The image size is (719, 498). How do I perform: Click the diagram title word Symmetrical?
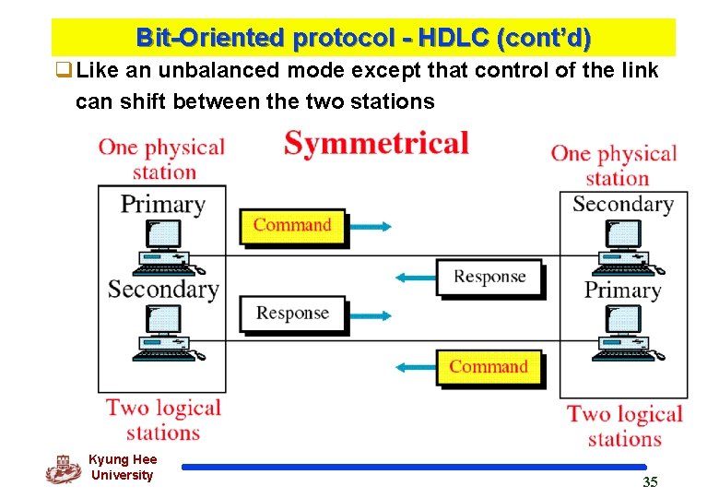(376, 144)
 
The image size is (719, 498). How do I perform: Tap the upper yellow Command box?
(292, 226)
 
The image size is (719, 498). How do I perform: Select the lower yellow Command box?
(489, 367)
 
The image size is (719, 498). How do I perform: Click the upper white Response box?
(489, 277)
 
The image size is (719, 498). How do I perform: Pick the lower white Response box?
(292, 314)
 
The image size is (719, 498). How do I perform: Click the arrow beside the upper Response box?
(413, 277)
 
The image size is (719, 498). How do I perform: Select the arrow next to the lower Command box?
(413, 367)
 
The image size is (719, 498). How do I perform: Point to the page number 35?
(650, 481)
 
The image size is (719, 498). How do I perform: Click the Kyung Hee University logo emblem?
(64, 468)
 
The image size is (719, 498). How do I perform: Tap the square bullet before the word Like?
(63, 71)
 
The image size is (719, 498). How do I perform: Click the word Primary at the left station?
(162, 204)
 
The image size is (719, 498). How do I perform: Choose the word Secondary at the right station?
(623, 204)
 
